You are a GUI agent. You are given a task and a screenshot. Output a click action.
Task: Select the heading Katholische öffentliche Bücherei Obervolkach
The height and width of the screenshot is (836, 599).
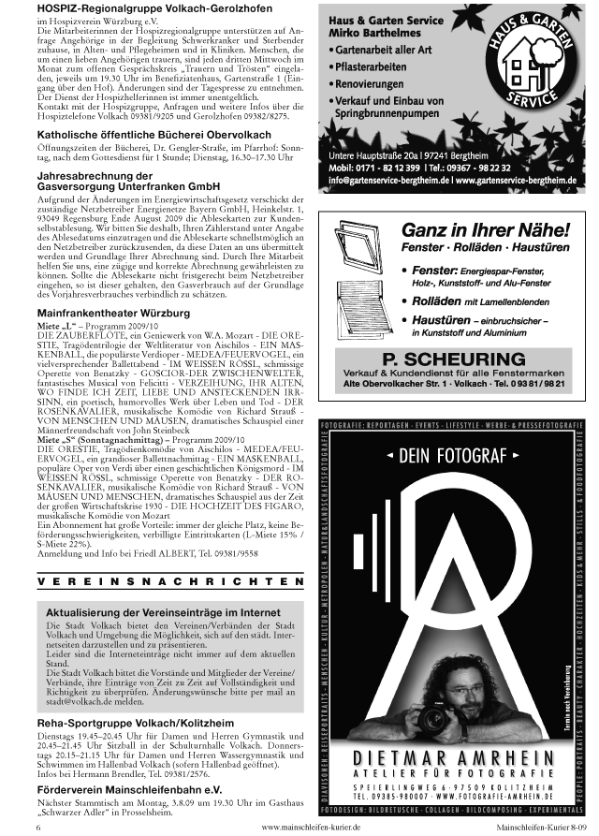[x=148, y=135]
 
